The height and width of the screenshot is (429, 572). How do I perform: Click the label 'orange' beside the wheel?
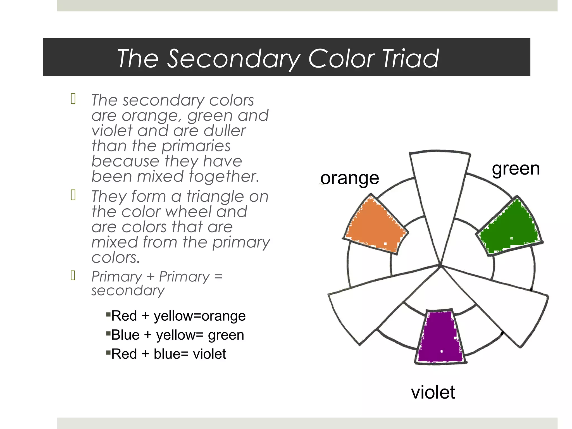(350, 178)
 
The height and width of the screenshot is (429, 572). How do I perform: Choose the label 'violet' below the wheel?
(433, 392)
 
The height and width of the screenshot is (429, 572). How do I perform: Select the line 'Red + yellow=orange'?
(178, 316)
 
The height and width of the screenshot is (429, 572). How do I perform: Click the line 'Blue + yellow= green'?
(178, 335)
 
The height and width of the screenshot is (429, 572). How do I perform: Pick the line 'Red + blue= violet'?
(168, 354)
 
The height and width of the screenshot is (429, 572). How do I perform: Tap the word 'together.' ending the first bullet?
(224, 177)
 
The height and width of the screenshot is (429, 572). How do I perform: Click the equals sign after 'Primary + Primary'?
(218, 277)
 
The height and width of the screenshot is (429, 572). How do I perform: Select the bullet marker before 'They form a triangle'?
(73, 195)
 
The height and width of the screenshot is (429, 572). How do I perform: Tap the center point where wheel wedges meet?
(440, 265)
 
